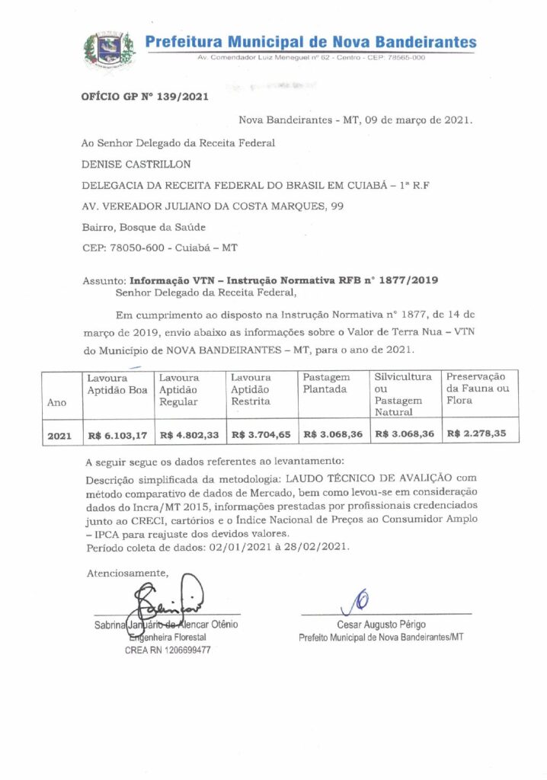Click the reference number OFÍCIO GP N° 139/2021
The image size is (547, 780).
point(144,97)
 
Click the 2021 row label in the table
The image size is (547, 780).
point(59,436)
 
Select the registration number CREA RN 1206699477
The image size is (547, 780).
point(168,651)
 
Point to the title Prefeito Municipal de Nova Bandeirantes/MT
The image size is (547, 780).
point(381,637)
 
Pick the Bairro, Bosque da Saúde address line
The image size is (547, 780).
point(143,226)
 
